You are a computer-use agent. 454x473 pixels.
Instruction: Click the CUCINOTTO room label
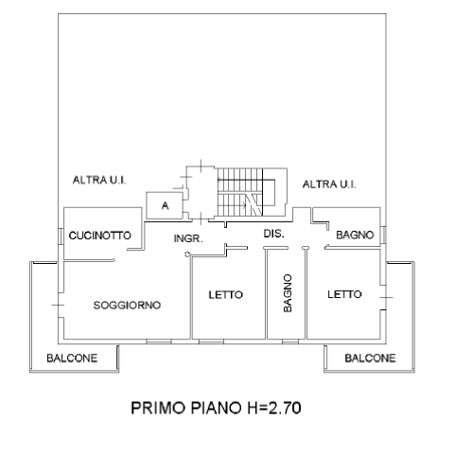99,236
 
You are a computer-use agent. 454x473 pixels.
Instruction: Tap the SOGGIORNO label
127,305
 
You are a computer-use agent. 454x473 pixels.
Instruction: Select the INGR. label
188,238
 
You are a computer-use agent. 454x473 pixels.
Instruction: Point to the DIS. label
273,234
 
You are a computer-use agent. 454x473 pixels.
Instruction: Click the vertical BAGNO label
288,293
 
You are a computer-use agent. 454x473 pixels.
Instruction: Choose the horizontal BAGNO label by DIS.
355,235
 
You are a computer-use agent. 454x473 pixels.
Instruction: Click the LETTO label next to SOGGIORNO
226,295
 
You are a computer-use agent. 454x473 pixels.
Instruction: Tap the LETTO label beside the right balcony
344,294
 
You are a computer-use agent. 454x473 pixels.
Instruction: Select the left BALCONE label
72,359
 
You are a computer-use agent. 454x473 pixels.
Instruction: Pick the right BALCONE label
370,359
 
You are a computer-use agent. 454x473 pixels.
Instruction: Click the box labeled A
165,205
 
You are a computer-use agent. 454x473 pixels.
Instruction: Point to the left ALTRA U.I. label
99,180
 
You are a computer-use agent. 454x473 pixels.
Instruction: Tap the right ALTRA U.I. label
329,184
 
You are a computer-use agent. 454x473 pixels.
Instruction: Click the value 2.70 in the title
285,408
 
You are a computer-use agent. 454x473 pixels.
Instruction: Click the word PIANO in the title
216,408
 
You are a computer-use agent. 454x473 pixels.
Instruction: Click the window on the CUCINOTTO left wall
61,236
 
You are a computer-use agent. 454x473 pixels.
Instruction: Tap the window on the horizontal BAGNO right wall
383,235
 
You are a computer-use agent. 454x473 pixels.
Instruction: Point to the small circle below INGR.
187,254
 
